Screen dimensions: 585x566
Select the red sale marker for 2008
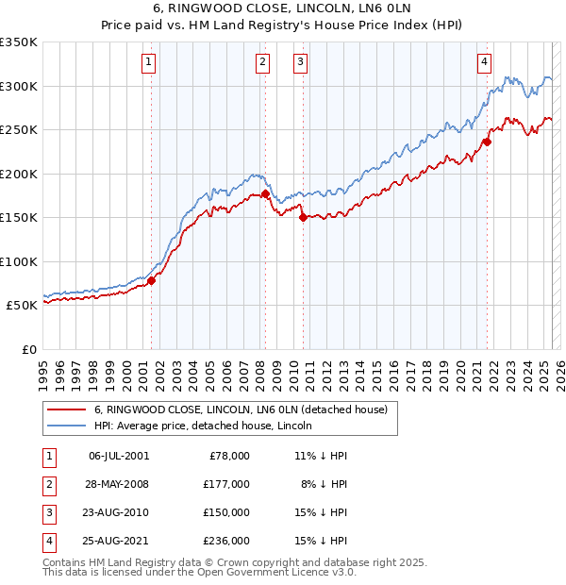coord(265,194)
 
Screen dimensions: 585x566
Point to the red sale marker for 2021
coord(488,142)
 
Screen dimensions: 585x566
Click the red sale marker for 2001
coord(151,280)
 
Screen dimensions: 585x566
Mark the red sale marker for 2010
coord(303,218)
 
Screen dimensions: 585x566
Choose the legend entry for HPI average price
coord(208,426)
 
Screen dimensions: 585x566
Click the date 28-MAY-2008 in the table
coord(118,484)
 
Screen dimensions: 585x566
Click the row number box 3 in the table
coord(48,512)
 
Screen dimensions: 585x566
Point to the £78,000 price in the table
coord(229,456)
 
